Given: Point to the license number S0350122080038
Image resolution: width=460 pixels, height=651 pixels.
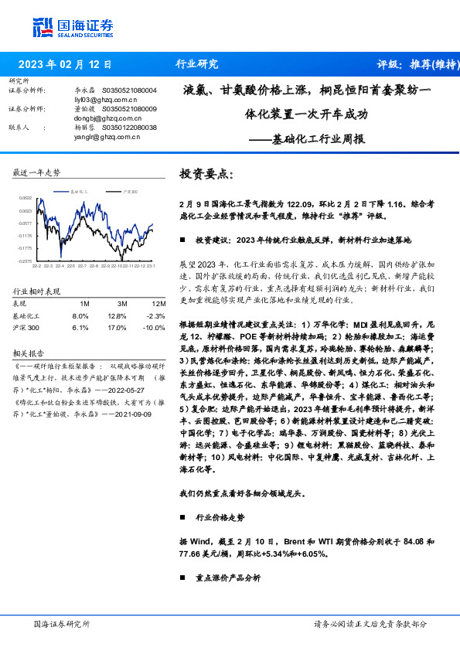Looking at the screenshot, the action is tap(130, 128).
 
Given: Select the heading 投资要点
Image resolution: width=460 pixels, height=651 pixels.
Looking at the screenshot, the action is tap(206, 174).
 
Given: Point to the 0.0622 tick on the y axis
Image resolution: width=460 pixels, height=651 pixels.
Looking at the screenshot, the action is tap(25, 199).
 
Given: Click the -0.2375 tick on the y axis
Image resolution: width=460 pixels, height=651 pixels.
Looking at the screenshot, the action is tap(25, 261).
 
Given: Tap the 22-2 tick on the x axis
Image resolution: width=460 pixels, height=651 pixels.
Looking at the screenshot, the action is tap(36, 267).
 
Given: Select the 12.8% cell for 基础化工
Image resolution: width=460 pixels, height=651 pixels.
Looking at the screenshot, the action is tap(117, 316).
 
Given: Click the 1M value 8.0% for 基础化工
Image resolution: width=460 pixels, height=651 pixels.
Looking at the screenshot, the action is tap(80, 316).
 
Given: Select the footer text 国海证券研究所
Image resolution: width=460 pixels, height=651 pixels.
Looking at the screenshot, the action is tap(62, 623).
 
